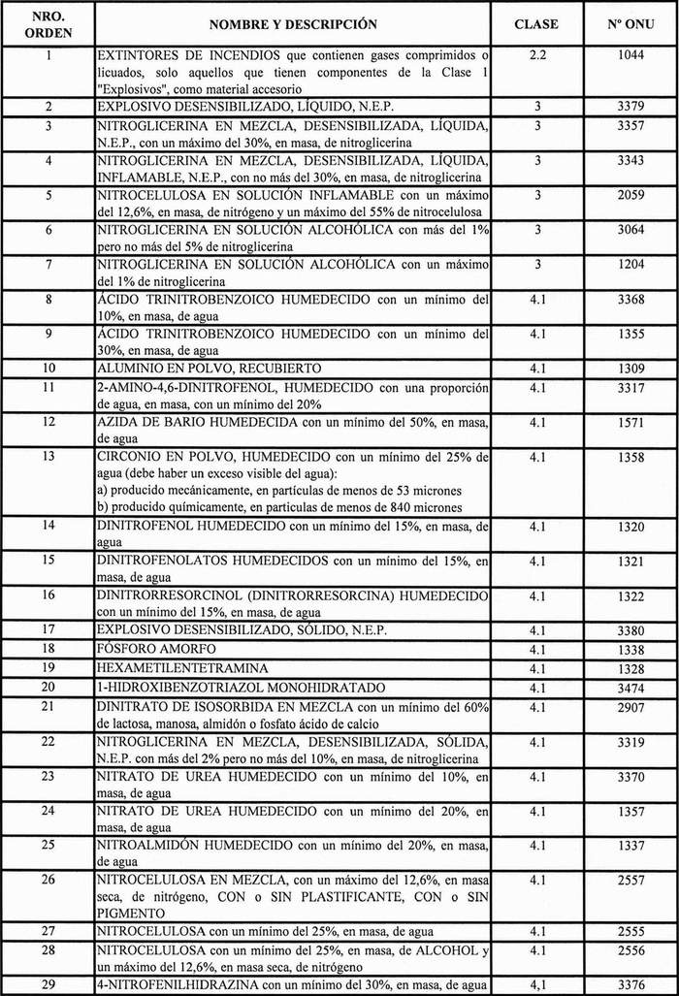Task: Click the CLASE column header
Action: coord(535,23)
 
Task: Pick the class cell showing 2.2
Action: coord(535,58)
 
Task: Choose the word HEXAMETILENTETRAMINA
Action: coord(171,669)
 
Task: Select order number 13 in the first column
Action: coord(48,457)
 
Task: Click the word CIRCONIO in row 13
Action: coord(129,457)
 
